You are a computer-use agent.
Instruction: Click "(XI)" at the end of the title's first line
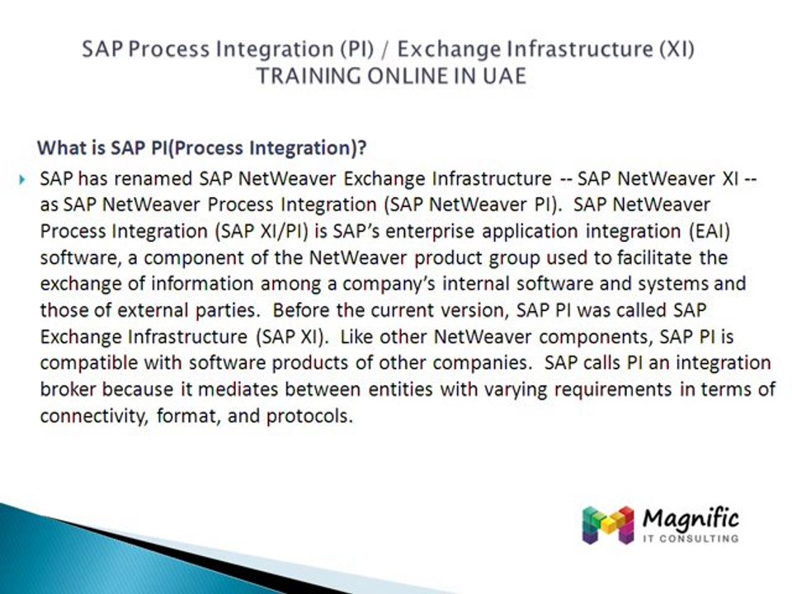[x=672, y=49]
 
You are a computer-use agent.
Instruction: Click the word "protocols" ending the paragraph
[x=309, y=417]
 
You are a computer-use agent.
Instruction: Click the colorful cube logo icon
[x=608, y=526]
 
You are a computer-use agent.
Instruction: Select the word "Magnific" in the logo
[x=690, y=519]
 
